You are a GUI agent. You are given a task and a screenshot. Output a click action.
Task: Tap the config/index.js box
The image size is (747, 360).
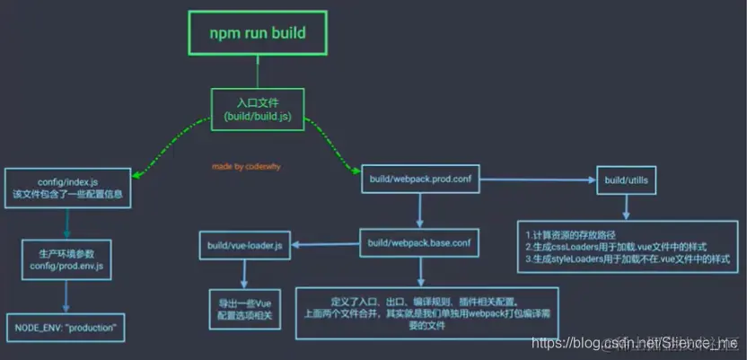[68, 187]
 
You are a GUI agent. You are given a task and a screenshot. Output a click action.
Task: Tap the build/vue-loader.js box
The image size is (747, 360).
[243, 245]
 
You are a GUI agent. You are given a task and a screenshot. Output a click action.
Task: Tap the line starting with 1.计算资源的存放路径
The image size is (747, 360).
[575, 236]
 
